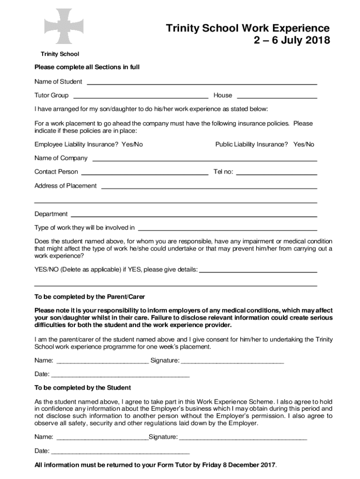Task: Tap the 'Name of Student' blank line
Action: tap(202, 82)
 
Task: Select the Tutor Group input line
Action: tap(141, 96)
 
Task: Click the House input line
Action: tap(277, 96)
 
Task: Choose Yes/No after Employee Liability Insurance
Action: tap(132, 145)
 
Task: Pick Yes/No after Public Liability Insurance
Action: tap(303, 145)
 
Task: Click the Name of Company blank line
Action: tap(204, 159)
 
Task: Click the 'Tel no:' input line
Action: tap(277, 172)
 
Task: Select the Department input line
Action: tap(193, 215)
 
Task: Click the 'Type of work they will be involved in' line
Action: tap(228, 229)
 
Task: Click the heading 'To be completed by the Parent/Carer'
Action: tap(90, 297)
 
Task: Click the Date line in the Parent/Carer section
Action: tap(120, 375)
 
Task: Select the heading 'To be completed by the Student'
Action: tap(83, 388)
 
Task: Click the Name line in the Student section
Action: tap(102, 438)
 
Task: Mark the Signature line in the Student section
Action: tap(243, 438)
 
